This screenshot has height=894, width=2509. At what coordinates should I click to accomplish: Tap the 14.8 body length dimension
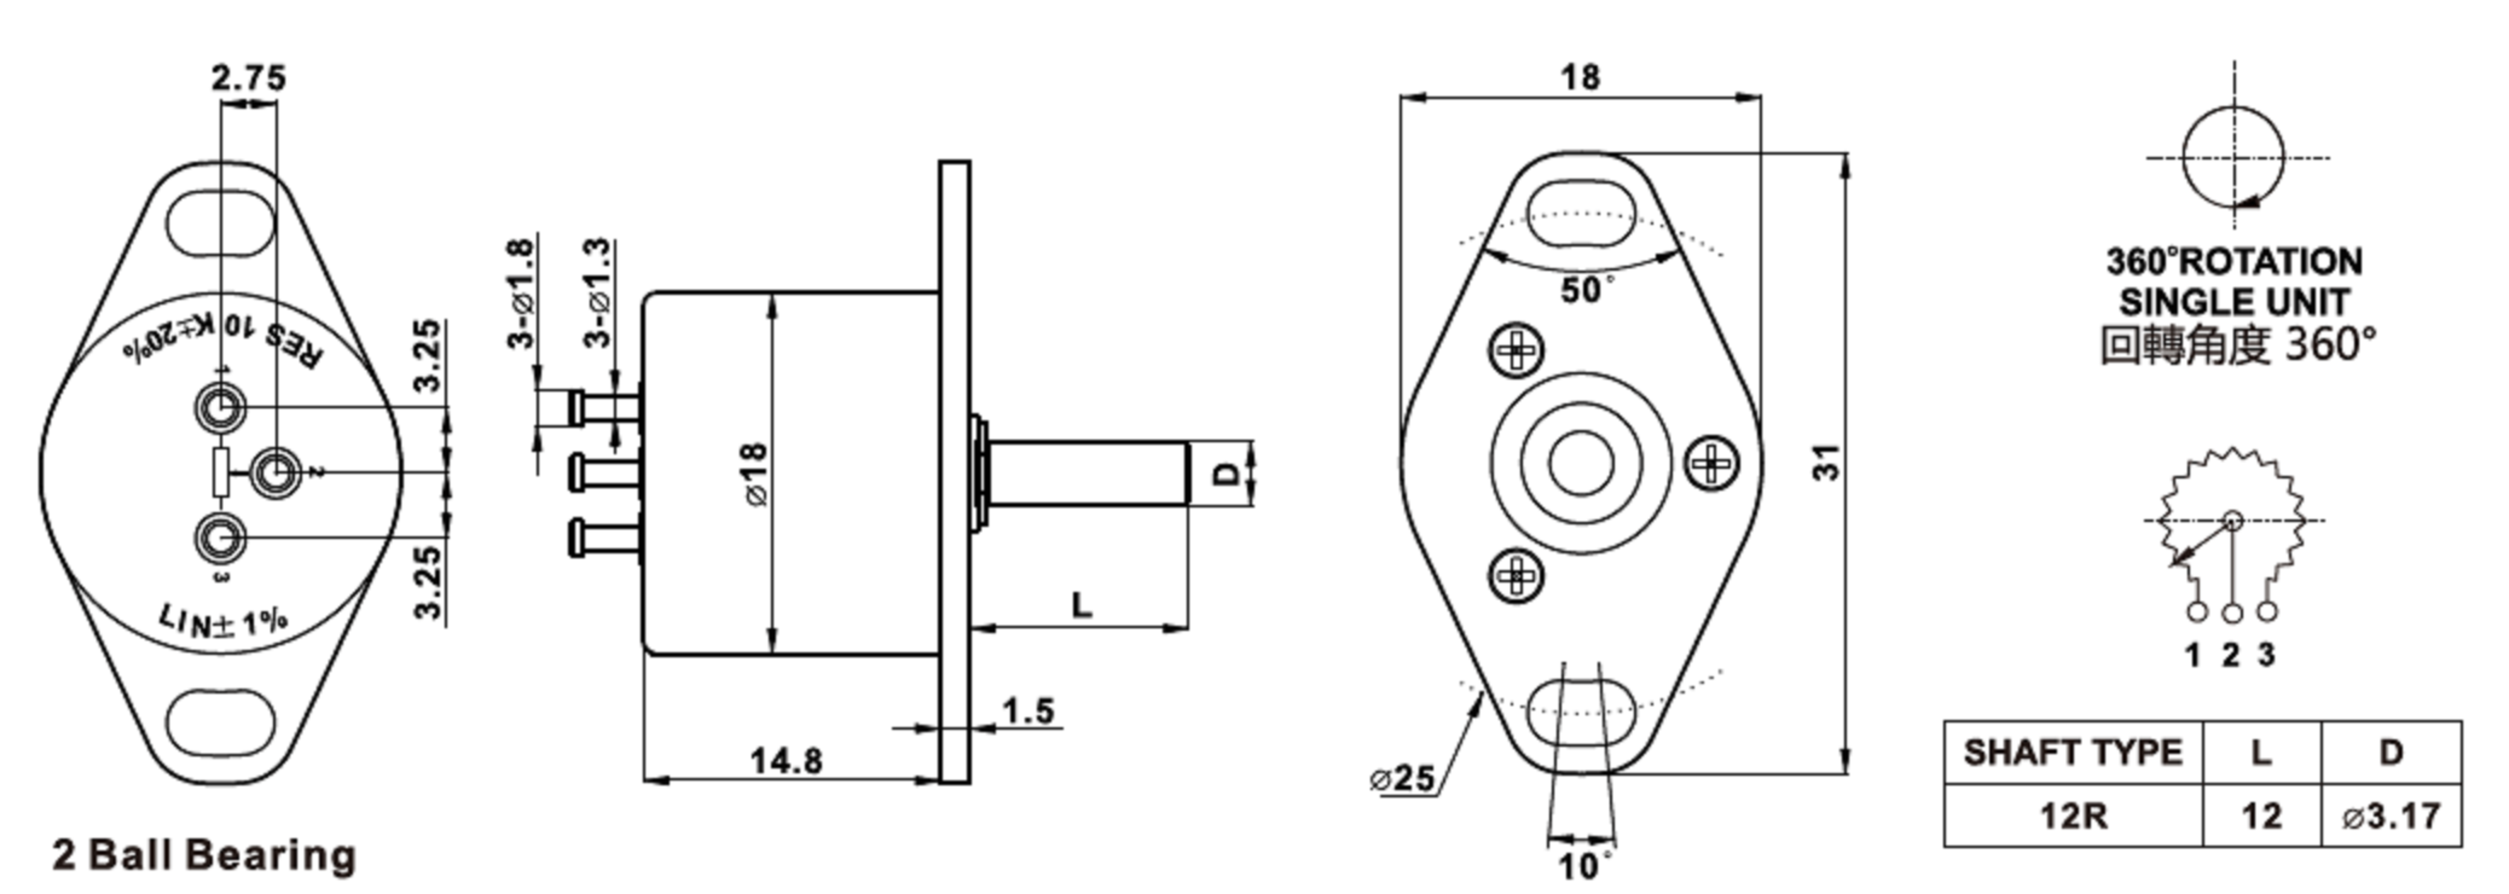786,761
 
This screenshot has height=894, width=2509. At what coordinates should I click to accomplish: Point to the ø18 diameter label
757,474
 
